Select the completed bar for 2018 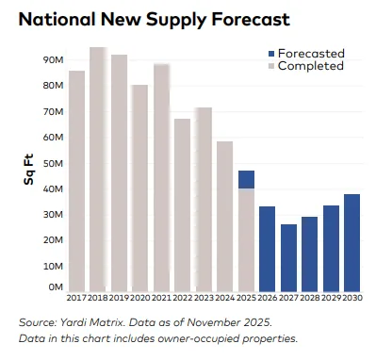click(97, 170)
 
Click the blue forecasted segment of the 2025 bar click(246, 179)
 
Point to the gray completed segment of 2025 click(246, 240)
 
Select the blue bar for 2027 click(288, 257)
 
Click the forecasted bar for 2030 click(351, 242)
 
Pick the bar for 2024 click(224, 217)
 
